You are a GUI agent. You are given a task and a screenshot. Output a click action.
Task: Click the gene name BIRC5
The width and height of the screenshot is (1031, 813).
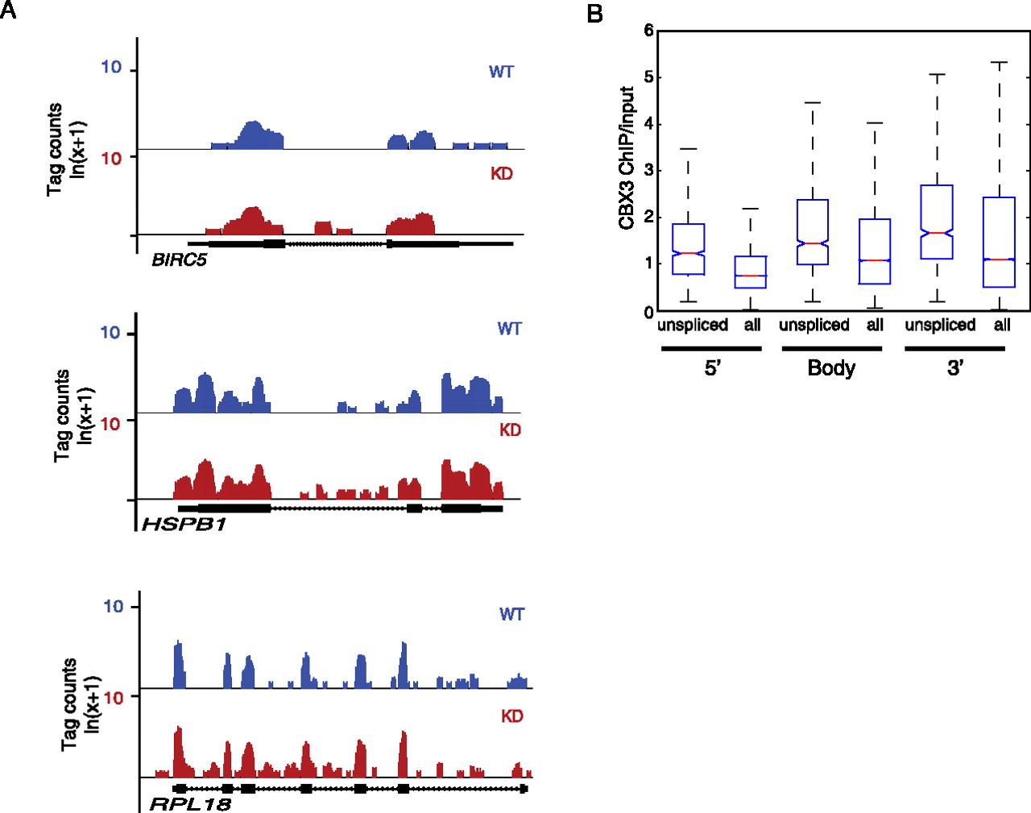[179, 259]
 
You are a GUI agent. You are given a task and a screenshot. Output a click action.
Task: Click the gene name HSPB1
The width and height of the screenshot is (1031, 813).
[184, 525]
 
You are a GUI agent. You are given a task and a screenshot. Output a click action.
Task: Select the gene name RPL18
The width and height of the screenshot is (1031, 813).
[190, 803]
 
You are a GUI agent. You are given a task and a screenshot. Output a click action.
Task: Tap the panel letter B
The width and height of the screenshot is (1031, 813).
[595, 14]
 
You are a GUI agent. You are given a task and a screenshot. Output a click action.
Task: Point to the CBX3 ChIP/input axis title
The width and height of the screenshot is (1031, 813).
[627, 158]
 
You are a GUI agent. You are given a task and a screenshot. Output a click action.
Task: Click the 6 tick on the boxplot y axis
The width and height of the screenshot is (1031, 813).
[648, 31]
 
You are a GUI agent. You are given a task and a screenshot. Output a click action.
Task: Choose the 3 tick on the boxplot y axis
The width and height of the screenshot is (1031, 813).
[648, 170]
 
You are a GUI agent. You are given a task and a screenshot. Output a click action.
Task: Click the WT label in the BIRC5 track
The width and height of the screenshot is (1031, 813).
[501, 72]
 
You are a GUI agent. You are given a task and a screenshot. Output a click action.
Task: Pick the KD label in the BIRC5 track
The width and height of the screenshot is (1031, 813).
[501, 173]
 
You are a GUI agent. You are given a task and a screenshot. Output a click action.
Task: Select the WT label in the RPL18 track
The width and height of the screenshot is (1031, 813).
[511, 614]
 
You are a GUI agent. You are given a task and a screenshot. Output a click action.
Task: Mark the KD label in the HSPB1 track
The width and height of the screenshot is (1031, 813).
[510, 429]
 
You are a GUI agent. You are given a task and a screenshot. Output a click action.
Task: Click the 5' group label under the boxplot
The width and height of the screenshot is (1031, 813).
[712, 368]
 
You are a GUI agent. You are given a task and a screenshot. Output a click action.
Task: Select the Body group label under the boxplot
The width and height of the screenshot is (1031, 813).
[831, 368]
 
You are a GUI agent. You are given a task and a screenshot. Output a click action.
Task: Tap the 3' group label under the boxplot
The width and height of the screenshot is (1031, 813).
[955, 368]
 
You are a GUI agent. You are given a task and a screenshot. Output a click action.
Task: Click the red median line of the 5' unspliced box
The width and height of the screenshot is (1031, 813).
[688, 253]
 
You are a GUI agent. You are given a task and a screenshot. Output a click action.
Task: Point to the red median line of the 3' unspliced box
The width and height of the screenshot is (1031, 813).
[936, 232]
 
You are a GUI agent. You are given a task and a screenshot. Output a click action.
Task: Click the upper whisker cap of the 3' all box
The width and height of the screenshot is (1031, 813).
[1000, 62]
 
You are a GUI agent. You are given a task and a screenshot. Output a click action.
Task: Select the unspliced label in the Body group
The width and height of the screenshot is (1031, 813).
[814, 325]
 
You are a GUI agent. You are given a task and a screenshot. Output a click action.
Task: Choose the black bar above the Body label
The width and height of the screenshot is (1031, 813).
[831, 348]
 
